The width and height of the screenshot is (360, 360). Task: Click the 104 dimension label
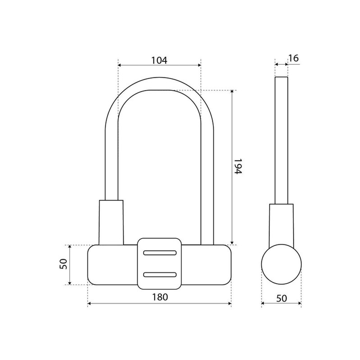pos(159,60)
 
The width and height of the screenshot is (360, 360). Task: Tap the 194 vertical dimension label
pos(238,166)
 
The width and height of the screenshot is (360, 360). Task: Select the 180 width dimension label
pos(160,297)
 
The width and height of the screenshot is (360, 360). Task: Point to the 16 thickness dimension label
pos(294,58)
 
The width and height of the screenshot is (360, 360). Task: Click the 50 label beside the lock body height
pos(63,264)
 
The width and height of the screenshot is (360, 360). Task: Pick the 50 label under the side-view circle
pos(282,298)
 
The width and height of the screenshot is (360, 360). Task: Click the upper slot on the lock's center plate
pos(160,253)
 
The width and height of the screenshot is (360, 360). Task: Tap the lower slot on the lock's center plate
pos(160,275)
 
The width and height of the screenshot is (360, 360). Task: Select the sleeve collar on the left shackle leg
pos(111,222)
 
